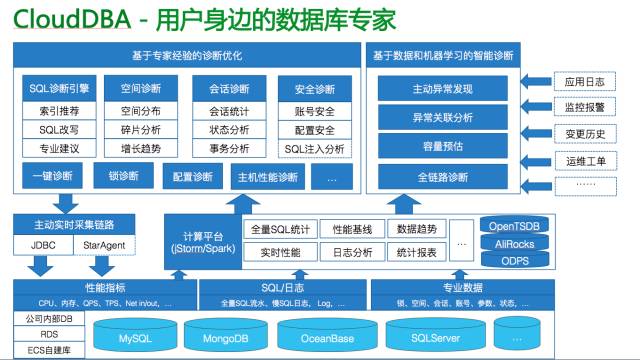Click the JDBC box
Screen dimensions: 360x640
[42, 243]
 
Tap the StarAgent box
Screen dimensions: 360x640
[103, 243]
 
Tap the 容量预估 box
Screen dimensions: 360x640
[455, 146]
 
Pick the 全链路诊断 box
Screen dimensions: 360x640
[455, 177]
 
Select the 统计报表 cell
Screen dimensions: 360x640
[414, 252]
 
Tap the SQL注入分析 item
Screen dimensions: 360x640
[315, 149]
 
